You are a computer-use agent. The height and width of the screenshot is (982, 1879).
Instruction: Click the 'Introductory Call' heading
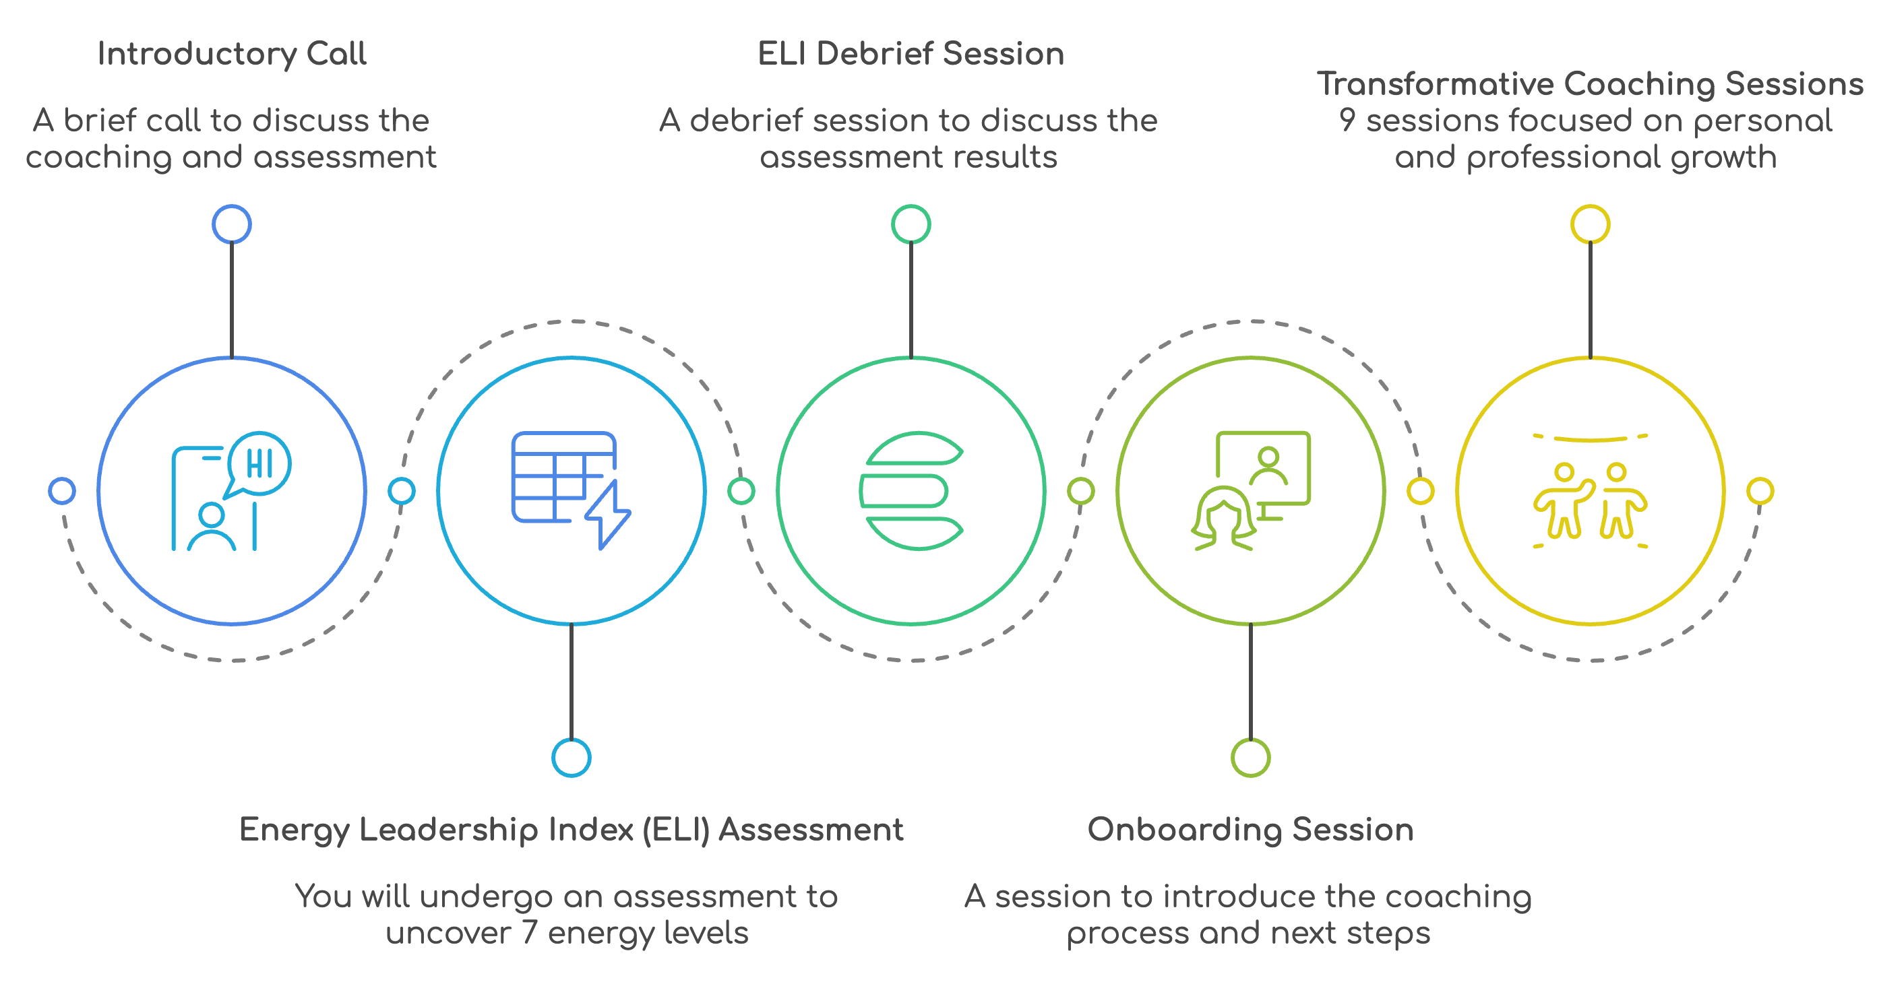[232, 55]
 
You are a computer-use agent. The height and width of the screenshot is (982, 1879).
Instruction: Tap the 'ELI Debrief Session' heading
[911, 55]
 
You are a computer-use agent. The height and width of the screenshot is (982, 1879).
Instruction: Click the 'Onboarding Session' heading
[1250, 830]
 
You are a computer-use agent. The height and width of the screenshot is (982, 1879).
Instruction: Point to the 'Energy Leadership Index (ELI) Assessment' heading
[571, 830]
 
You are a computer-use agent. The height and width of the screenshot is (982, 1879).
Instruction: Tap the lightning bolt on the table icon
[609, 515]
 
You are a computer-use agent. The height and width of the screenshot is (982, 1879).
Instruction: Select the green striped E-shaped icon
[911, 490]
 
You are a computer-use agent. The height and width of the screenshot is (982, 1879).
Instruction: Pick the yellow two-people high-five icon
[1590, 499]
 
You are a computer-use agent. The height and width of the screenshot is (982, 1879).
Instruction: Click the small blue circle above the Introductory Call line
[232, 224]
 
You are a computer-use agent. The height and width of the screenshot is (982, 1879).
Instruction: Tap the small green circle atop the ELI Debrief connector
[911, 224]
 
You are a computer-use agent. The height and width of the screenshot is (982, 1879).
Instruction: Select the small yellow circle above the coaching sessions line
[1590, 224]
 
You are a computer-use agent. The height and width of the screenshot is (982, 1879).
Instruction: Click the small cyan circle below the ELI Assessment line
[571, 758]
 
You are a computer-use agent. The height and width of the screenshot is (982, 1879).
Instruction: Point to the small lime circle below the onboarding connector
[1250, 758]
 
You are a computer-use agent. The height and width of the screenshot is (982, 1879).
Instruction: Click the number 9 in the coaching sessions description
[1347, 121]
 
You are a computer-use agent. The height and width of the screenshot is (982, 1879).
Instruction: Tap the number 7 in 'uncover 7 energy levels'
[530, 933]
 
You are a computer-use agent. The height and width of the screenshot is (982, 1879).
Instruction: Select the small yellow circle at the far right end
[1760, 490]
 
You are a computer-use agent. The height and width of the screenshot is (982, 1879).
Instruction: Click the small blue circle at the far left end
[62, 490]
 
